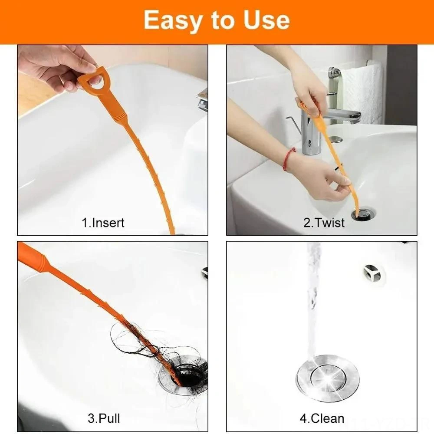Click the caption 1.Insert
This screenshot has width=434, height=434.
103,223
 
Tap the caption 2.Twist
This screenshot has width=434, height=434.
324,223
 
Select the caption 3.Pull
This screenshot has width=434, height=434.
104,418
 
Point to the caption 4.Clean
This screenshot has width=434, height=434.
322,418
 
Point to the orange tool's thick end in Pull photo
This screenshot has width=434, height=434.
33,258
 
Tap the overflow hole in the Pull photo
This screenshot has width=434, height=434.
205,273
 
